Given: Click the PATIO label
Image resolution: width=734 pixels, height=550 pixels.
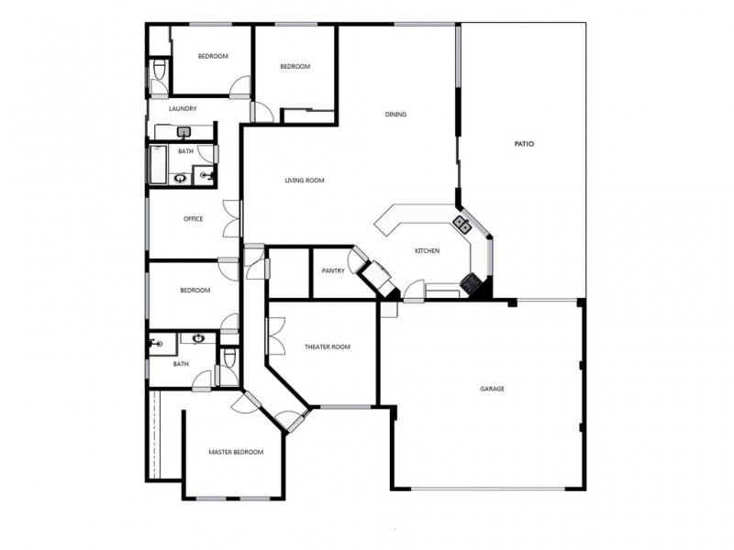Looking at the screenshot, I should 523,144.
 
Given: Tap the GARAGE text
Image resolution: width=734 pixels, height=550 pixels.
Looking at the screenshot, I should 492,389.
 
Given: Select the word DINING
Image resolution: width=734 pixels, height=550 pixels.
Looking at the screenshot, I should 395,115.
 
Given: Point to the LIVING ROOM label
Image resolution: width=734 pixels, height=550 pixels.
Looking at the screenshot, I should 304,181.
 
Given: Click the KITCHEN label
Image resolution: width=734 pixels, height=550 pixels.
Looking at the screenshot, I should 427,251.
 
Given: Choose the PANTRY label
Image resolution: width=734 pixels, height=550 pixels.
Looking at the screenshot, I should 332,271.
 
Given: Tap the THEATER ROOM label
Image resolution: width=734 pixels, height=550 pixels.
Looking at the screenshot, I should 328,346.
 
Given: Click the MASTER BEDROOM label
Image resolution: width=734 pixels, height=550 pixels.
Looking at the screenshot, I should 236,452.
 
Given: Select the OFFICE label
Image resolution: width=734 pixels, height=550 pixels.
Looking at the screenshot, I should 193,219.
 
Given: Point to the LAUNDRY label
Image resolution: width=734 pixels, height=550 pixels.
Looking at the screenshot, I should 183,109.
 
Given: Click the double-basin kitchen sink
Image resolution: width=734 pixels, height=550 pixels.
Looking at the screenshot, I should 462,223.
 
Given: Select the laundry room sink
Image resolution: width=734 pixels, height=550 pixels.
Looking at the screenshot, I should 183,133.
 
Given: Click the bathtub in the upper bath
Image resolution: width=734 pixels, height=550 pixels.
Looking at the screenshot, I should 157,164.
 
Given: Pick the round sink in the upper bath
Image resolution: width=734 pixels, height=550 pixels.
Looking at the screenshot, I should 181,178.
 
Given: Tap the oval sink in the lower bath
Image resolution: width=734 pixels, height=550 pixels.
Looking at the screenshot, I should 198,338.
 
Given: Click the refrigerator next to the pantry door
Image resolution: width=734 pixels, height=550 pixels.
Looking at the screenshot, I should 376,273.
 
